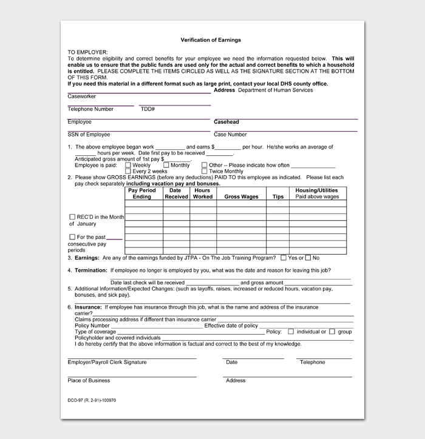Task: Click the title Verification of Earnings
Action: click(211, 40)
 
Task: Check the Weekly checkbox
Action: click(127, 165)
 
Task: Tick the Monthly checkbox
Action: click(166, 165)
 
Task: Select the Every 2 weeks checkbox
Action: click(127, 172)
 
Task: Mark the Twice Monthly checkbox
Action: click(204, 172)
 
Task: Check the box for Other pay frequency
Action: click(204, 165)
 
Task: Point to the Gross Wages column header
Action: click(241, 196)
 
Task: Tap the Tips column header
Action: click(278, 196)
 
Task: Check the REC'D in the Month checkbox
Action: click(72, 217)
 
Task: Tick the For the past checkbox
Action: click(72, 237)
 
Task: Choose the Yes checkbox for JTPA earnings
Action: click(284, 258)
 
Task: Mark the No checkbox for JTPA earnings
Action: click(308, 258)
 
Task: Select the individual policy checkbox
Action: click(291, 332)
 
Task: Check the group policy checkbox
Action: click(333, 332)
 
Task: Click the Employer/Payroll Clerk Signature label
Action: click(107, 363)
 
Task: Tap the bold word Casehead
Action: click(226, 122)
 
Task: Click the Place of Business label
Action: click(89, 381)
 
